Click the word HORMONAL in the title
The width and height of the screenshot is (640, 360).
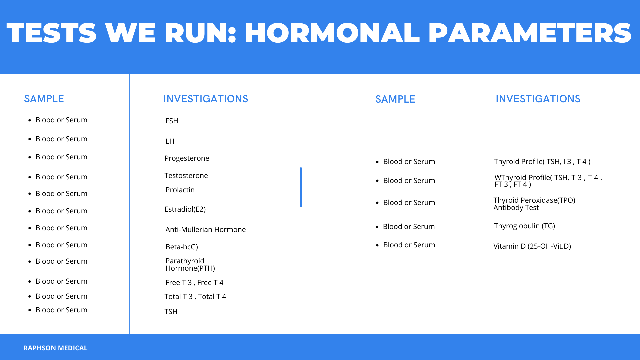[332, 33]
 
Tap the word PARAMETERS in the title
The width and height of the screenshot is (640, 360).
[530, 33]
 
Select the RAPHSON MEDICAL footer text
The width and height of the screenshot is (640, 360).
[55, 348]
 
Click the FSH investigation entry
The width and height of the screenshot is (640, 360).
[172, 121]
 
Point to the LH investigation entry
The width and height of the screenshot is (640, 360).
[170, 141]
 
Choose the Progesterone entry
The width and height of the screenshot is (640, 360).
[187, 158]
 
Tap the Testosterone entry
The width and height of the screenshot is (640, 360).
[186, 175]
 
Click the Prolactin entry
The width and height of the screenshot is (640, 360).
[180, 190]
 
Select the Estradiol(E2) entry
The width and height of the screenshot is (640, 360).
[185, 209]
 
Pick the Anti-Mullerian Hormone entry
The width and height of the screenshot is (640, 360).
[205, 229]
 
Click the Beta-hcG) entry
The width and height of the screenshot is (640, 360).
[182, 247]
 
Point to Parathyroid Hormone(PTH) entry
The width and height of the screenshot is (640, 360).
[190, 264]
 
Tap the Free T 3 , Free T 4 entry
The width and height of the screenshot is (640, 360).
[194, 283]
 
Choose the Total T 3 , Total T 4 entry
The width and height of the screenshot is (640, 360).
[195, 297]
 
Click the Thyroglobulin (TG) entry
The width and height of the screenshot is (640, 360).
[524, 226]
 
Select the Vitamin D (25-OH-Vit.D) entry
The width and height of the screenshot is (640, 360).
[532, 246]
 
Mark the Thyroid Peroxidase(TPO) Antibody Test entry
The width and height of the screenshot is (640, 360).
[534, 204]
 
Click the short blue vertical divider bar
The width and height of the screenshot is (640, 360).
[301, 187]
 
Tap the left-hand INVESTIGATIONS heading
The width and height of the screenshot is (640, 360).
[206, 99]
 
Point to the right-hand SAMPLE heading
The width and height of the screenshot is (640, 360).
[395, 99]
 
